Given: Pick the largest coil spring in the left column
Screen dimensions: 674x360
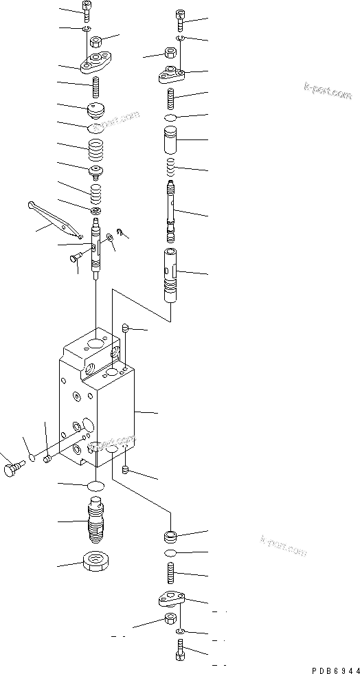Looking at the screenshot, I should point(97,148).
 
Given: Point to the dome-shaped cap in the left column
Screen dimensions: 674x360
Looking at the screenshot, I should point(95,111).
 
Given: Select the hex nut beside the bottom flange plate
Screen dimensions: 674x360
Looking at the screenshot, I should point(170,620).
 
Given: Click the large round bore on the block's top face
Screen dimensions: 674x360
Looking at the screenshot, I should point(94,343).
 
